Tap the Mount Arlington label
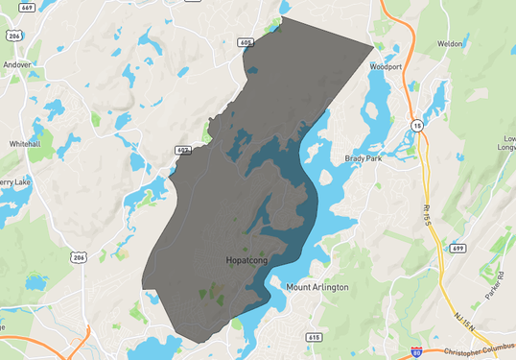(317, 287)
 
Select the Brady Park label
(363, 158)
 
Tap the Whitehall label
(25, 143)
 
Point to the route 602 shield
(182, 151)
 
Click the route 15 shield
(416, 125)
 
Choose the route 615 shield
(314, 337)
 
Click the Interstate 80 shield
(416, 352)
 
